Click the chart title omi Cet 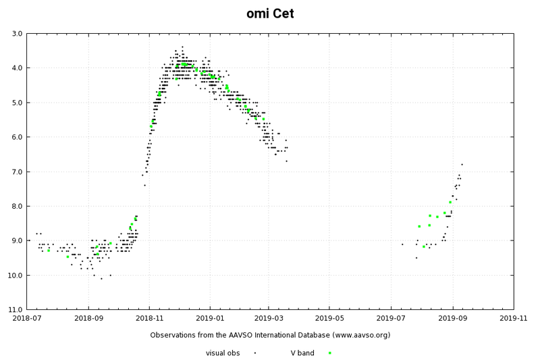(270, 14)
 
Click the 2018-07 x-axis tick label (27, 317)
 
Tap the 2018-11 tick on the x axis (149, 317)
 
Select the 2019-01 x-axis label (210, 317)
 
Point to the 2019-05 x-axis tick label (331, 317)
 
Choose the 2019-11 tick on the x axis (513, 317)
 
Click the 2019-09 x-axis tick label (452, 317)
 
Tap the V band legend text (302, 353)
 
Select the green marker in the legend (329, 353)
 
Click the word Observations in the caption (174, 335)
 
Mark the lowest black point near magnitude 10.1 (101, 278)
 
